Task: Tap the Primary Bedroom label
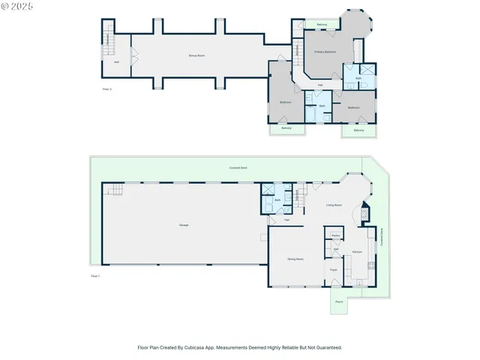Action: click(x=325, y=52)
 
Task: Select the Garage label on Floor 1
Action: click(x=184, y=225)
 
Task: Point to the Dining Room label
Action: click(x=295, y=259)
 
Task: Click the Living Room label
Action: click(x=334, y=205)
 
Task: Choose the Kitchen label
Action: click(x=358, y=251)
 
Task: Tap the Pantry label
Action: click(x=334, y=235)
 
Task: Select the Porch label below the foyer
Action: click(x=339, y=301)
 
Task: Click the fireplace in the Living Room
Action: click(x=365, y=214)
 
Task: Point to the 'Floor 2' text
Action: click(x=106, y=89)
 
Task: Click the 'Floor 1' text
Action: click(x=95, y=277)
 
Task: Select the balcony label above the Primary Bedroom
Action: click(x=322, y=25)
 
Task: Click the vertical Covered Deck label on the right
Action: click(x=382, y=237)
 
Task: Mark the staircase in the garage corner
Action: click(x=112, y=190)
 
